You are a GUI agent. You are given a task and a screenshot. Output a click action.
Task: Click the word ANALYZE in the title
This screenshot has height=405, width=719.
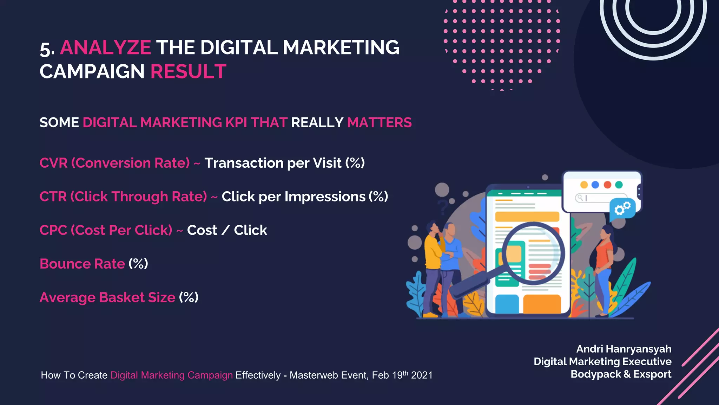point(105,48)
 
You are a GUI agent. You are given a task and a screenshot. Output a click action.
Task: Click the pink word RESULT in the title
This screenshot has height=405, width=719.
point(188,72)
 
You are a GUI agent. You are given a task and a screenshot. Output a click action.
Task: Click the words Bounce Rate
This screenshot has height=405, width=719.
point(82,264)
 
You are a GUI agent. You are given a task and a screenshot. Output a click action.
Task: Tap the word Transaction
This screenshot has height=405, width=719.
point(244,163)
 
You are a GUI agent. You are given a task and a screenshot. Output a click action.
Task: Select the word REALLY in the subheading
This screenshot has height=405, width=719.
point(317,123)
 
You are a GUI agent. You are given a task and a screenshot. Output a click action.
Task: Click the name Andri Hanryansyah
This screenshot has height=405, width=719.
point(624,349)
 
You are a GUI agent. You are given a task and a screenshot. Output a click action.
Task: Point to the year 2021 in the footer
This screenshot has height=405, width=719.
point(422,375)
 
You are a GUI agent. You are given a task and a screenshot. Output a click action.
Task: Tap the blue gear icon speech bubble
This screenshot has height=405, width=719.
point(622,209)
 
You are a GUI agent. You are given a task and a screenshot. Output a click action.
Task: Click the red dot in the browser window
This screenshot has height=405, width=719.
point(607,185)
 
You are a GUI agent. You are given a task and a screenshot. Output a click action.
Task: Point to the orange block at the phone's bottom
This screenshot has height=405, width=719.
point(542,304)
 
